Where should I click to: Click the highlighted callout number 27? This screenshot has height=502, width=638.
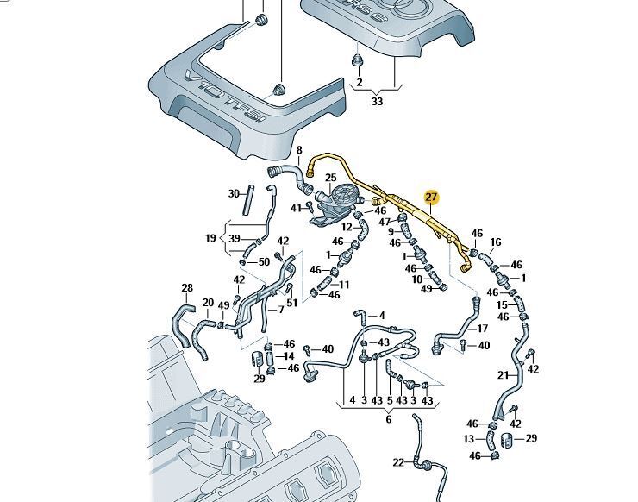coord(432,198)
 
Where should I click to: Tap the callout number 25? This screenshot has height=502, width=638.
coord(330,179)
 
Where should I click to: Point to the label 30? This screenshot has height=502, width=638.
coord(234,193)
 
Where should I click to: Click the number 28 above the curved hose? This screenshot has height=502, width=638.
coord(186,288)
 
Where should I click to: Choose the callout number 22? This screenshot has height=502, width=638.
coord(397,462)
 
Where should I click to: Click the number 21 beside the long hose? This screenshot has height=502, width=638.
coord(504,374)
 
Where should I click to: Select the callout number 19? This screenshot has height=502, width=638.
coord(210,238)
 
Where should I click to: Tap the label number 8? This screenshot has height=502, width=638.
coord(300,151)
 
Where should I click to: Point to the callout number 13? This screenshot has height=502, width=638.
coord(469,439)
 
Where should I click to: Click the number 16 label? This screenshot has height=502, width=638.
coord(496,243)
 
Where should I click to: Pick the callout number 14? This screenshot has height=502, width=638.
coord(289,356)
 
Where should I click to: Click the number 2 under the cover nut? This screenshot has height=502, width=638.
coord(359,83)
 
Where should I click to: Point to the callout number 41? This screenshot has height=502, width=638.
coord(296,208)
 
